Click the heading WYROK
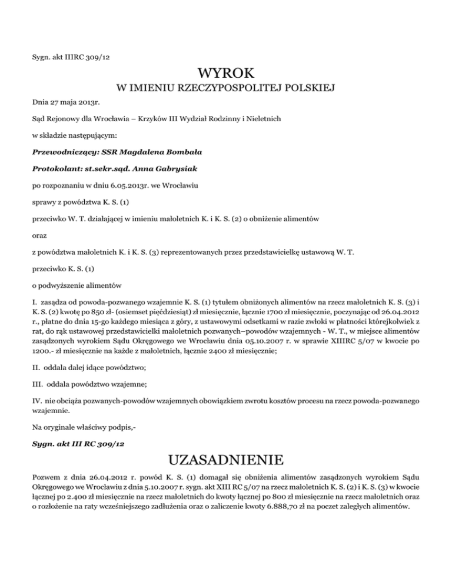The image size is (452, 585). point(226,74)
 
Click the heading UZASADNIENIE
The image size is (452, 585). point(225,459)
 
